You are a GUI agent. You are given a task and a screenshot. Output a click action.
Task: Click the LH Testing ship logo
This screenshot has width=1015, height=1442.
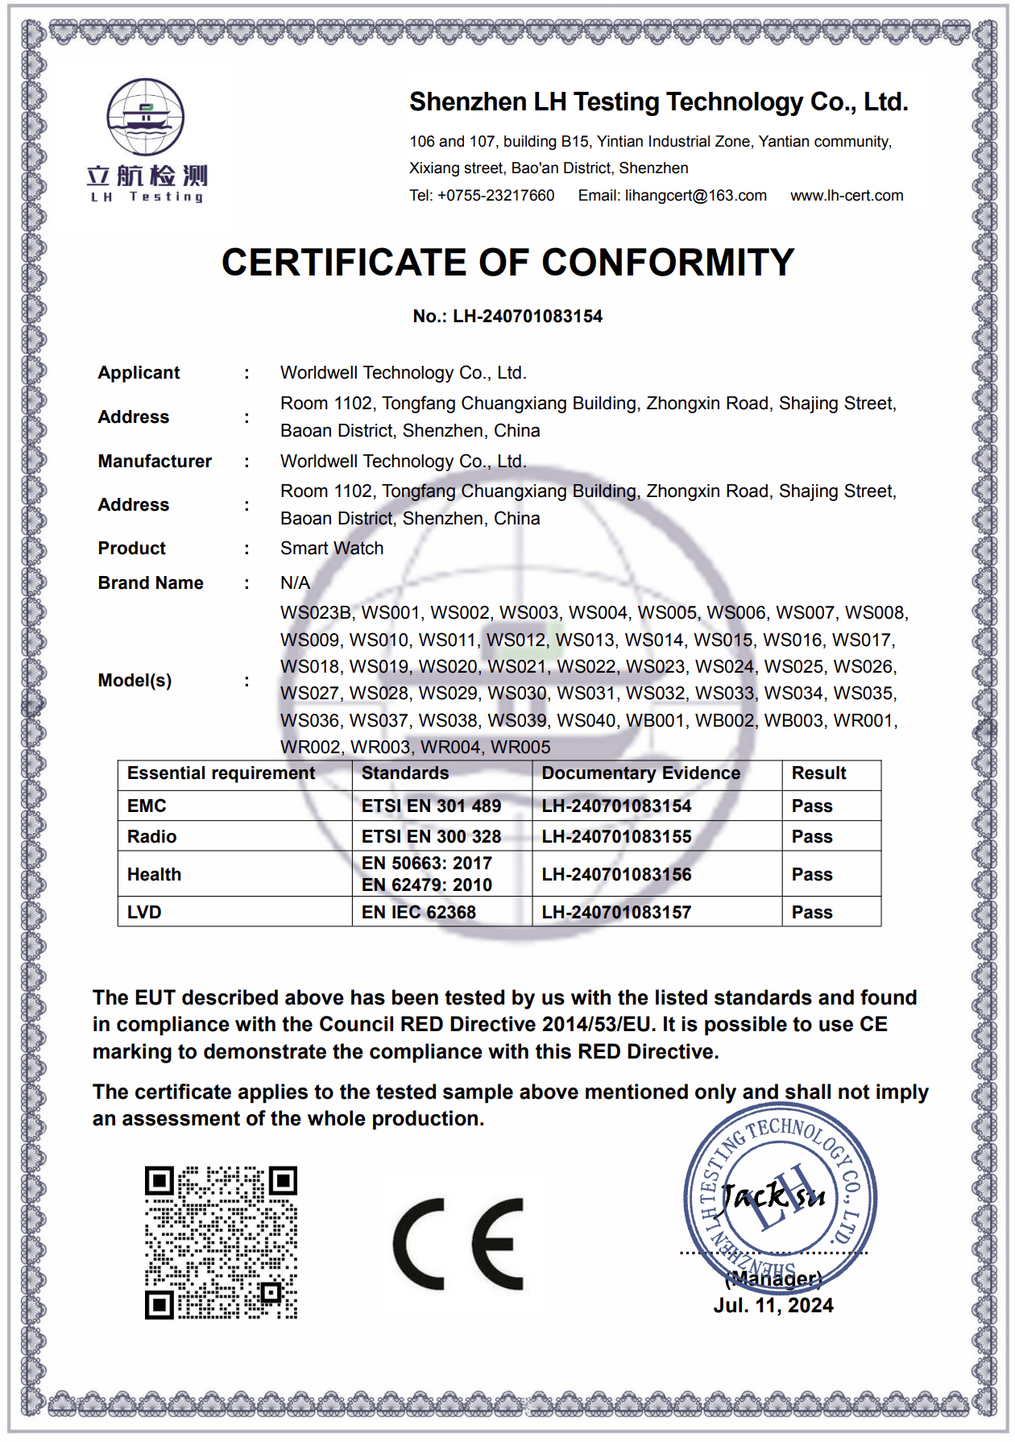click(x=146, y=118)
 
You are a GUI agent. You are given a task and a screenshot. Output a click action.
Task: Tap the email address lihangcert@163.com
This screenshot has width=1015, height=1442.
click(x=695, y=196)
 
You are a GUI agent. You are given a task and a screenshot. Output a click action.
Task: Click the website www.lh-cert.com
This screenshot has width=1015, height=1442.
click(x=847, y=196)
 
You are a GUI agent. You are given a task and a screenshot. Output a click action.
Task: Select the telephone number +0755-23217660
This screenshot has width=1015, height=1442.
click(x=495, y=196)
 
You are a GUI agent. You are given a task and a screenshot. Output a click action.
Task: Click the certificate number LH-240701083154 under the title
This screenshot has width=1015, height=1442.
click(x=527, y=317)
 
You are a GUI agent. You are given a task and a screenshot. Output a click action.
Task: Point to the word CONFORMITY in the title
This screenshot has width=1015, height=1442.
click(x=668, y=263)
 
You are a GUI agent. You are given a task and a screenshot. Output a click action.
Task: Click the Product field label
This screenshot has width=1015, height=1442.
click(x=131, y=549)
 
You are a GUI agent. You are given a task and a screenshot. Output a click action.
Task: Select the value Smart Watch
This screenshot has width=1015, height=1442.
click(x=332, y=549)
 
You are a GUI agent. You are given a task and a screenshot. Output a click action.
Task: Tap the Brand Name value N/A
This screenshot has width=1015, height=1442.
click(x=295, y=583)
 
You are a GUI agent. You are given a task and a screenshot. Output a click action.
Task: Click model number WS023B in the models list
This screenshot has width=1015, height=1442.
click(x=316, y=613)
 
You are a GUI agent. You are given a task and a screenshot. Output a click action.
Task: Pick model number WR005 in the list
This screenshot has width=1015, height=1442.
click(x=520, y=748)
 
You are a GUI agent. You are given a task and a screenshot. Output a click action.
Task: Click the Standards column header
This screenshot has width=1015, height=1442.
click(x=405, y=773)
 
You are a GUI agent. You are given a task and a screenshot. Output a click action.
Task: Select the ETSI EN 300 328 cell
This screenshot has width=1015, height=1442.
click(x=431, y=837)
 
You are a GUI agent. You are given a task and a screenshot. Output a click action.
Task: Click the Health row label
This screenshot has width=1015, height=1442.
click(x=154, y=875)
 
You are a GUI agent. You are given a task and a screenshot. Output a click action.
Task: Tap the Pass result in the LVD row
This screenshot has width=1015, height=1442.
click(x=812, y=913)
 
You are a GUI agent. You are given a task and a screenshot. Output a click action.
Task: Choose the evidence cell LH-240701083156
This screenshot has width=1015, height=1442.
click(x=616, y=875)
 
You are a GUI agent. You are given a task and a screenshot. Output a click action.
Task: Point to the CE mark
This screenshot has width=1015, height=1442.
click(x=458, y=1244)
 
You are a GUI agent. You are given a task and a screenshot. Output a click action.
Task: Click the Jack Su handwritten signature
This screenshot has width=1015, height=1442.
click(x=773, y=1195)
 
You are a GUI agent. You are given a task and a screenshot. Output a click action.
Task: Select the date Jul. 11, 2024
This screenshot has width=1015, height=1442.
click(x=773, y=1306)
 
